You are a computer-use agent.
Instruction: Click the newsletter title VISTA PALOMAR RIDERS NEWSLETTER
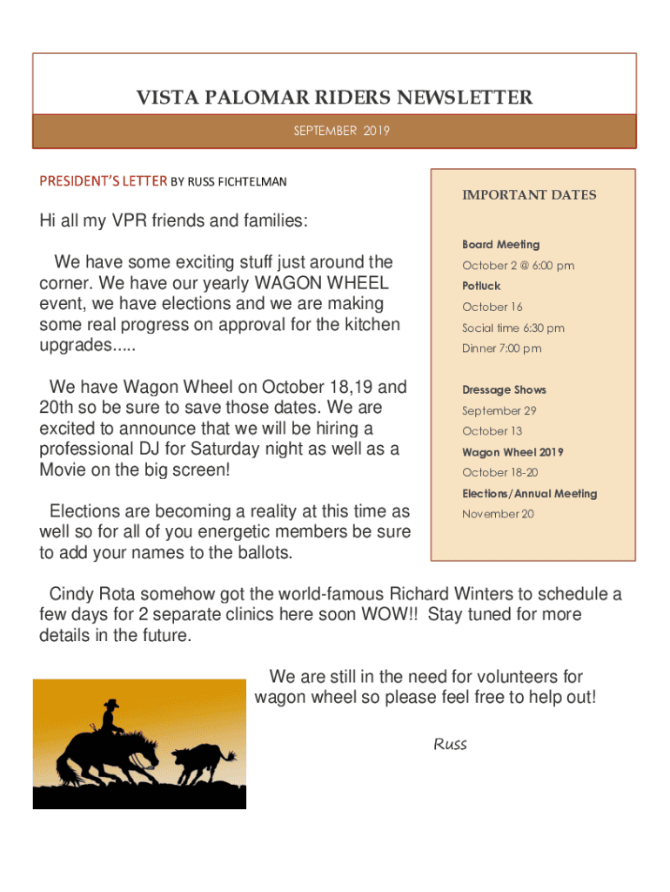click(x=334, y=98)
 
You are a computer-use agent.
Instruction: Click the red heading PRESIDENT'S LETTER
click(x=103, y=181)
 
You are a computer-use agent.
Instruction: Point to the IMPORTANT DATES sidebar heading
click(x=529, y=195)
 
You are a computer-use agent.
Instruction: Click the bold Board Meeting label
click(x=500, y=245)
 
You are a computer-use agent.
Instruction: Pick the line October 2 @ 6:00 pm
click(x=518, y=266)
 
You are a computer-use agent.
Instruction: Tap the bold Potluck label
click(x=481, y=286)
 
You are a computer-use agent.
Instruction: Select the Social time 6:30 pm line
click(x=513, y=328)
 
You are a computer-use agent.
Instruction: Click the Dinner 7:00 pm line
click(x=501, y=348)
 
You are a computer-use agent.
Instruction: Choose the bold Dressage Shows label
click(x=504, y=390)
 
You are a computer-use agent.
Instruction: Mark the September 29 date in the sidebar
click(x=499, y=410)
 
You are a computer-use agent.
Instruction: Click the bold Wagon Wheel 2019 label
click(x=513, y=452)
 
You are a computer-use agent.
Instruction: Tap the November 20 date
click(x=498, y=514)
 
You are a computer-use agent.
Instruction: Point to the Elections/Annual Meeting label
click(x=529, y=493)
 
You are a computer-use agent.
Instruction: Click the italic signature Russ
click(x=450, y=744)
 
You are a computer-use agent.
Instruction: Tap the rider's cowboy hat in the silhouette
click(x=111, y=704)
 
